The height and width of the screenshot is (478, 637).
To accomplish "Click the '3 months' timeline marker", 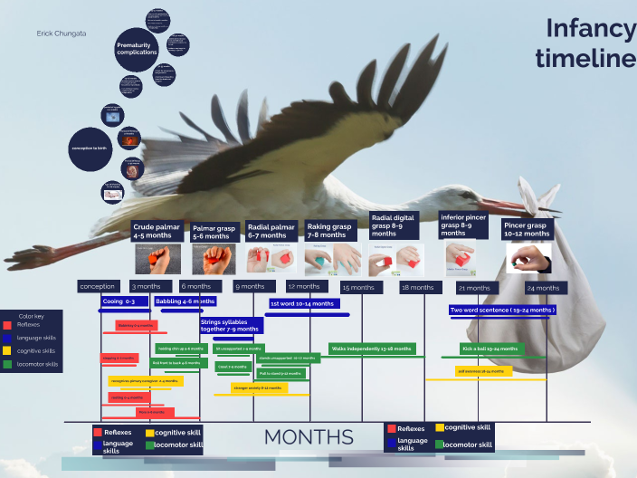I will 146,287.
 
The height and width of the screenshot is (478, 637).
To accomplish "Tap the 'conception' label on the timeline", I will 98,287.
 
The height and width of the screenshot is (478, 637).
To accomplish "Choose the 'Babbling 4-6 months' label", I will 185,301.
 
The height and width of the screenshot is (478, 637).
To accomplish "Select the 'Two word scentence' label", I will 502,310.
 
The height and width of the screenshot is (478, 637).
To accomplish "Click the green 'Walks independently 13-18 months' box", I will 372,349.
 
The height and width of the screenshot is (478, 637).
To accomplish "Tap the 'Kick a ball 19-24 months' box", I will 492,349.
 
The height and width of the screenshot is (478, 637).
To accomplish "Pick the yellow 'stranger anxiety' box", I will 258,387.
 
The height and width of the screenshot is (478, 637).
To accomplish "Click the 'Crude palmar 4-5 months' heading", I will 157,231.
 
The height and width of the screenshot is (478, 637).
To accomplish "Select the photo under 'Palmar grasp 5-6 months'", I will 214,259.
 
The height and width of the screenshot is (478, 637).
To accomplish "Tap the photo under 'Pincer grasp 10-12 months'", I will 529,258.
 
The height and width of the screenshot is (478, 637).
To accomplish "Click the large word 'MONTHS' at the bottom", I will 309,437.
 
